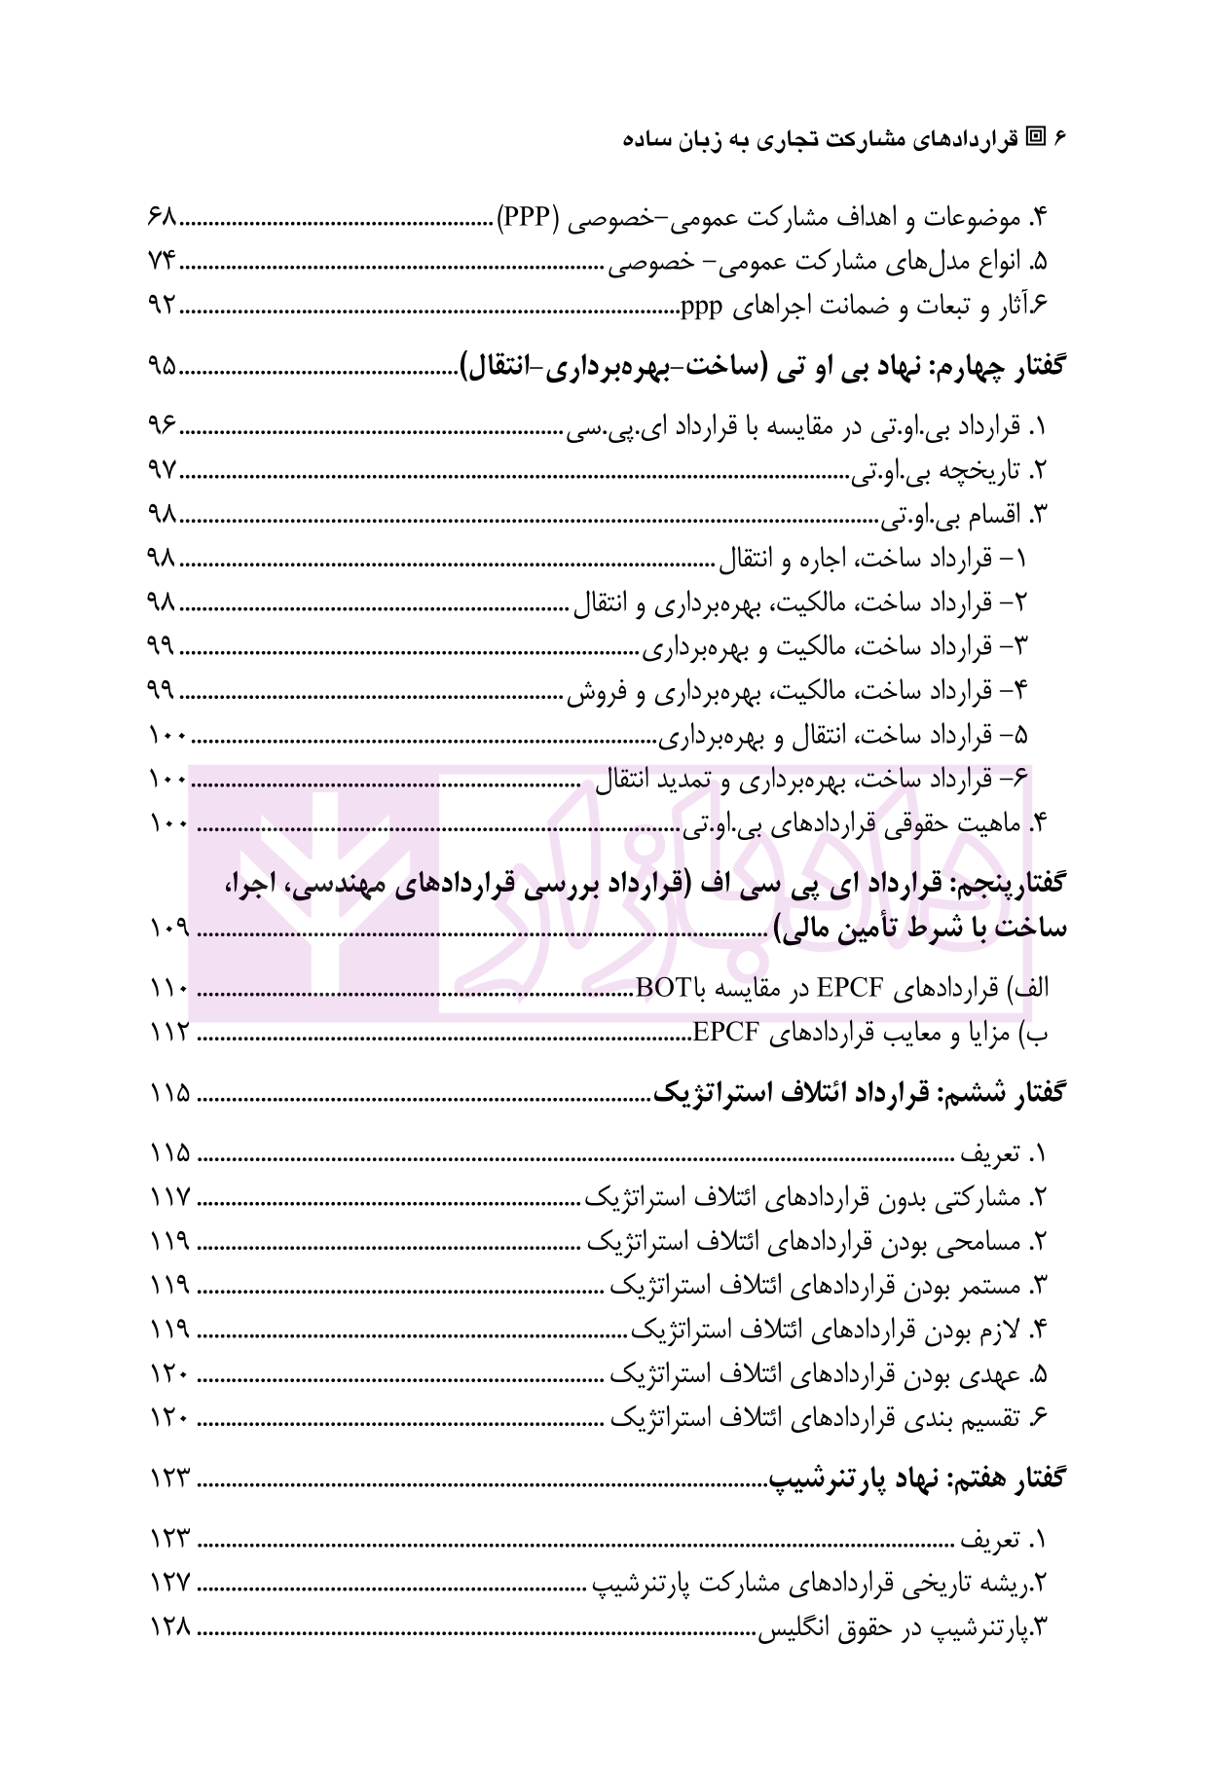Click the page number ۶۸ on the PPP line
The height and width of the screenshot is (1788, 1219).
pyautogui.click(x=162, y=216)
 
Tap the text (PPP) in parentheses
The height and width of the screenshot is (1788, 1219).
pyautogui.click(x=528, y=216)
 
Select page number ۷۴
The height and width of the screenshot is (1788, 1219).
pyautogui.click(x=162, y=261)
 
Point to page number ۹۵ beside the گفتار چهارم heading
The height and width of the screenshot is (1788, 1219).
pyautogui.click(x=162, y=367)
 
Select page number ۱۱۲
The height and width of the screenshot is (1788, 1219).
pyautogui.click(x=170, y=1033)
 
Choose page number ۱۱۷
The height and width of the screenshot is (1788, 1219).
pyautogui.click(x=170, y=1197)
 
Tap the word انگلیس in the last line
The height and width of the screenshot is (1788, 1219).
pyautogui.click(x=791, y=1628)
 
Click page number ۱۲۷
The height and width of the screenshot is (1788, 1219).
pyautogui.click(x=170, y=1584)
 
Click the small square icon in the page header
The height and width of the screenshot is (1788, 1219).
pyautogui.click(x=1037, y=137)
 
